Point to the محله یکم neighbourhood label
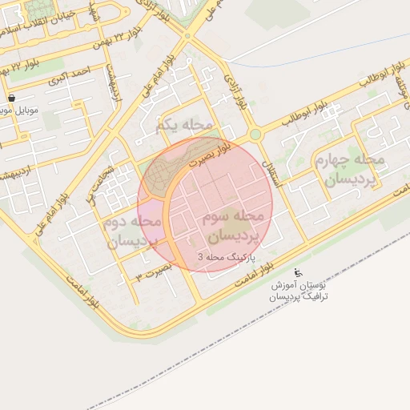pyautogui.click(x=185, y=125)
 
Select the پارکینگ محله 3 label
pyautogui.click(x=225, y=257)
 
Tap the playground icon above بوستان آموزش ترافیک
pyautogui.click(x=299, y=271)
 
